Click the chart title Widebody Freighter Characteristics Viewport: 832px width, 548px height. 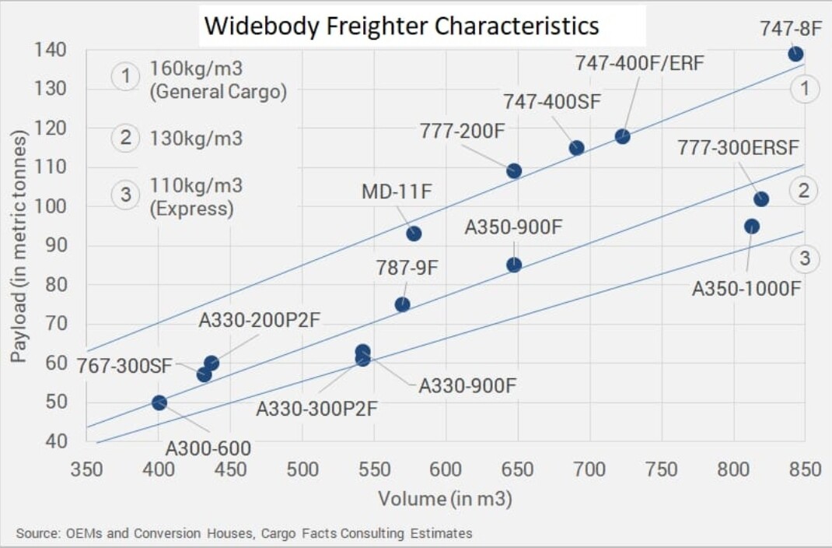(401, 26)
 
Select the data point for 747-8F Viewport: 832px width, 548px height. (795, 54)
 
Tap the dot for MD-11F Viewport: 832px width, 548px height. (414, 234)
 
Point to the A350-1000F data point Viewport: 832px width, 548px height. (752, 227)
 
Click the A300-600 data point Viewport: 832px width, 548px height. (159, 402)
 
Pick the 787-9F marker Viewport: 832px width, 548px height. (402, 304)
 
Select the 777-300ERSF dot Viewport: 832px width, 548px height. (761, 199)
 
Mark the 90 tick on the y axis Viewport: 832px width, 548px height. (54, 246)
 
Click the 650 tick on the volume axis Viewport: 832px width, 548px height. (517, 469)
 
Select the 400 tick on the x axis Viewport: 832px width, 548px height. (159, 469)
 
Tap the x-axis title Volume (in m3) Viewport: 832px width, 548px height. (445, 498)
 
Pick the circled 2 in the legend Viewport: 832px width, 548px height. (125, 139)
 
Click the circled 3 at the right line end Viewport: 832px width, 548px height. (805, 259)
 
